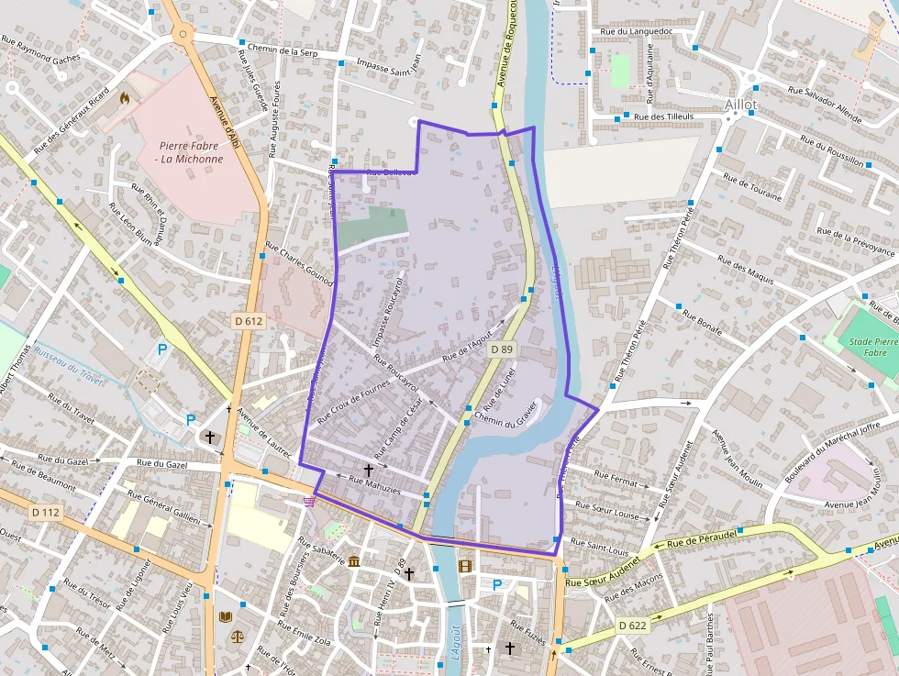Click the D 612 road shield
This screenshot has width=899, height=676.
pyautogui.click(x=249, y=321)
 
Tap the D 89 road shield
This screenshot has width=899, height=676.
pyautogui.click(x=501, y=349)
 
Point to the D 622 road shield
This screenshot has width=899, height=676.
pyautogui.click(x=632, y=625)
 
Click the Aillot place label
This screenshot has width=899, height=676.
pyautogui.click(x=740, y=105)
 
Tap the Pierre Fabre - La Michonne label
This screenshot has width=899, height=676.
pyautogui.click(x=190, y=152)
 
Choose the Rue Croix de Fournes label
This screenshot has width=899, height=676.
pyautogui.click(x=353, y=402)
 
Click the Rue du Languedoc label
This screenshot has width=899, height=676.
pyautogui.click(x=636, y=32)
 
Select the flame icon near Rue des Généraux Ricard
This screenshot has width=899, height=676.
pyautogui.click(x=126, y=96)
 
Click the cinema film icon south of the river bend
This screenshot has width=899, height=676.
pyautogui.click(x=465, y=565)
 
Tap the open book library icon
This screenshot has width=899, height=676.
pyautogui.click(x=226, y=617)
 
